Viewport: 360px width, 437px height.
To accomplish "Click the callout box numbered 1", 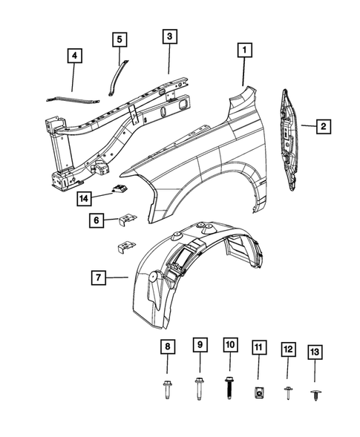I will click(243, 51).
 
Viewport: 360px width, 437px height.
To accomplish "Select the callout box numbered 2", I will click(323, 127).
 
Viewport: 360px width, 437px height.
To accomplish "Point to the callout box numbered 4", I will click(74, 55).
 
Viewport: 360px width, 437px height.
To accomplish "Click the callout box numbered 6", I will click(96, 220).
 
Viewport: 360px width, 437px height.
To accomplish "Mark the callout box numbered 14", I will click(86, 197).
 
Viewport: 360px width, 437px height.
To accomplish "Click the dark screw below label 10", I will click(229, 390).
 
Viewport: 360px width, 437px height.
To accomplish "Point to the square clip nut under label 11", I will click(257, 391).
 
